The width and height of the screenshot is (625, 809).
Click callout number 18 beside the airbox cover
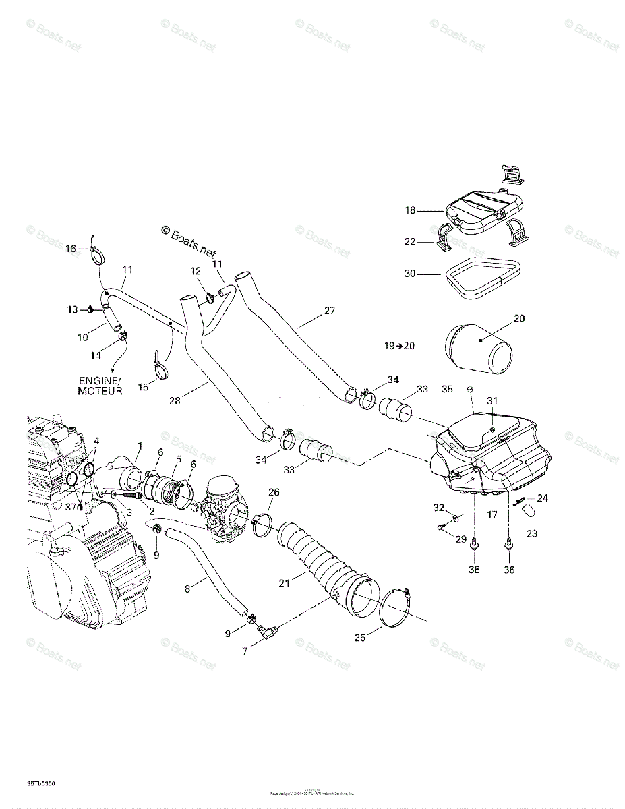click(411, 211)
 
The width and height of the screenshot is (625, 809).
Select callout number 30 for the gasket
click(411, 274)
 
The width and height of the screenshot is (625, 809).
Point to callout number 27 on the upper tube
click(329, 311)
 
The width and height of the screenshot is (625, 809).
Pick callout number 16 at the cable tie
click(71, 249)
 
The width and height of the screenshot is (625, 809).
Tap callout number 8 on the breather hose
click(187, 589)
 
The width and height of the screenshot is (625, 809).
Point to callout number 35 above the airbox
click(446, 389)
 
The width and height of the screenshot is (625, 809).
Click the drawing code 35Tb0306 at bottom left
click(42, 783)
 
